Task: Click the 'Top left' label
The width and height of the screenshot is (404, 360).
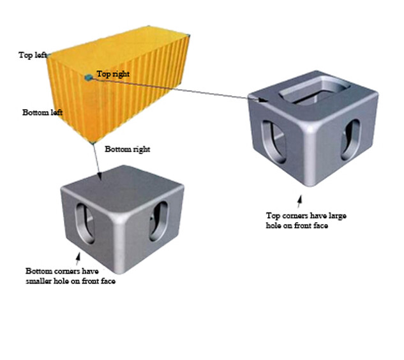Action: [33, 55]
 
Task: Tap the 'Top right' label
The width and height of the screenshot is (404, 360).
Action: [113, 74]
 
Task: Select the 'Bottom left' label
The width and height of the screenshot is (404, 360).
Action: [42, 112]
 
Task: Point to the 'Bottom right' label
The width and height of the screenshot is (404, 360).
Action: [127, 149]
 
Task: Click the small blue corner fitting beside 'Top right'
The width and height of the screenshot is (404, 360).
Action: [88, 77]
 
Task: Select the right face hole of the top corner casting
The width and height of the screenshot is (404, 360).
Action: [350, 139]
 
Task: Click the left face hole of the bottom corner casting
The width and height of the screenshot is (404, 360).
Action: [85, 223]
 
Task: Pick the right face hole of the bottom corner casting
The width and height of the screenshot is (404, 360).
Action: [159, 221]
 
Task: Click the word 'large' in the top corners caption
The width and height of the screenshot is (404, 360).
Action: [337, 216]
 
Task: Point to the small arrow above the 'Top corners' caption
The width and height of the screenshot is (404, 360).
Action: [299, 202]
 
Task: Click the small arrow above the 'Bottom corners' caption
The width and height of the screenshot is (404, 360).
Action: [78, 259]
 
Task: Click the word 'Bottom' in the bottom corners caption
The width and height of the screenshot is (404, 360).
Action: [38, 271]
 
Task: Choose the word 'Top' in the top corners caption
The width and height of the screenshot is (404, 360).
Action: [273, 216]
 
